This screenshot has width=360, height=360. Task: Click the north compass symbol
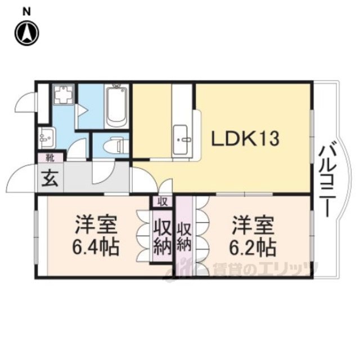pos(26,33)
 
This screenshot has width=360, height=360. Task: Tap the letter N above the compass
pos(27,12)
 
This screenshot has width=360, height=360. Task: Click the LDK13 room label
pos(245,139)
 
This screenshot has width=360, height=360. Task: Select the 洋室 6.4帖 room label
pos(96,236)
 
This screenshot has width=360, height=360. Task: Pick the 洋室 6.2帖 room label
pos(253,236)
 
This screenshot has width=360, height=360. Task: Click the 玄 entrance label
pos(50,178)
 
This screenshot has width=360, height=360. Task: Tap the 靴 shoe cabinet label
pos(50,158)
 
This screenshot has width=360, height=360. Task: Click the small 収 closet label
pos(163,202)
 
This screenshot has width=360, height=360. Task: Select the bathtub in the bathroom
pos(116,106)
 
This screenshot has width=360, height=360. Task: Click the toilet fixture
pos(114,146)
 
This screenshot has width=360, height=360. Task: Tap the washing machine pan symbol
pos(64,94)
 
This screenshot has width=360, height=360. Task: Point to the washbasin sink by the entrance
pos(47,138)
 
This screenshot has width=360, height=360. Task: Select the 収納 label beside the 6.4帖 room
pos(163,236)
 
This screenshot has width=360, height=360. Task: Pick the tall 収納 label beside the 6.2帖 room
pos(184,237)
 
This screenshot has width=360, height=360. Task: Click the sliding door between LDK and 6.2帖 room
pos(244,194)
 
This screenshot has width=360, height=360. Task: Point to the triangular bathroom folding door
pos(82,111)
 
